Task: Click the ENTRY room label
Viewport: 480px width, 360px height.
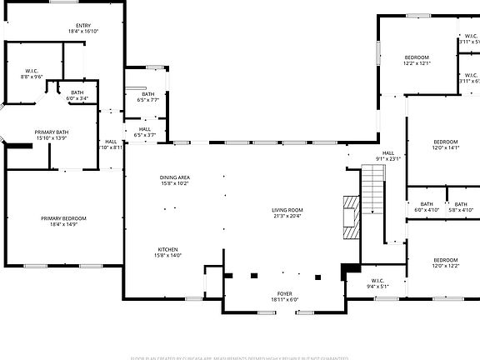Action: click(x=83, y=26)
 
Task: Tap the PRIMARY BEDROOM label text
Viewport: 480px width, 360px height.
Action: click(x=63, y=218)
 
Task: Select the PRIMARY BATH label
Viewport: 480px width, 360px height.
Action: click(x=51, y=132)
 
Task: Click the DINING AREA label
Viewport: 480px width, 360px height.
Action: click(x=175, y=177)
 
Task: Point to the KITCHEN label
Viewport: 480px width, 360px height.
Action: click(x=169, y=250)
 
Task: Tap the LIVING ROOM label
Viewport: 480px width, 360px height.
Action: click(x=287, y=210)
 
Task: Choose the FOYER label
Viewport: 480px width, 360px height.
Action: click(x=285, y=294)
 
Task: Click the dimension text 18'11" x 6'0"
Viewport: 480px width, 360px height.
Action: click(x=285, y=300)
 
